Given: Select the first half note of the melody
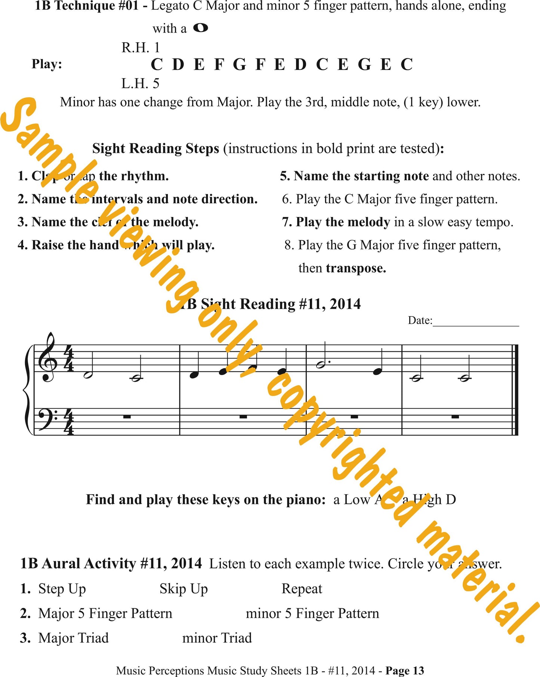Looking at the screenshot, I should tap(88, 375).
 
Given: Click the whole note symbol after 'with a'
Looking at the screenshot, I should tap(201, 28).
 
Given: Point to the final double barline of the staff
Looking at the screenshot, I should tap(516, 390).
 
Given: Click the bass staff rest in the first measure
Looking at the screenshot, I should tap(127, 416).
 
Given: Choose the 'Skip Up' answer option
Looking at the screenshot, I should tap(183, 589).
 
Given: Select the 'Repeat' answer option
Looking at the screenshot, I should tap(302, 589).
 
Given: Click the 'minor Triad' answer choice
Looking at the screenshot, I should tap(217, 638).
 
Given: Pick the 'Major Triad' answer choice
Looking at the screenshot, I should tap(73, 638).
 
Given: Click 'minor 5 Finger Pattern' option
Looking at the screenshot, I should tap(312, 613).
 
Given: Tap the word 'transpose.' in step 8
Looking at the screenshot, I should tap(356, 268).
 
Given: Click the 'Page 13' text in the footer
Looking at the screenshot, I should tap(405, 671).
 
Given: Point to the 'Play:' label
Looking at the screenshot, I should tap(47, 64).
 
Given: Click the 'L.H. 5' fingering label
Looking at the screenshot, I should tap(140, 83).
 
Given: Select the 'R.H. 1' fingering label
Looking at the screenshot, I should tap(141, 47).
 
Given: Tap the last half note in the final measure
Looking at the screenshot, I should tap(464, 378).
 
